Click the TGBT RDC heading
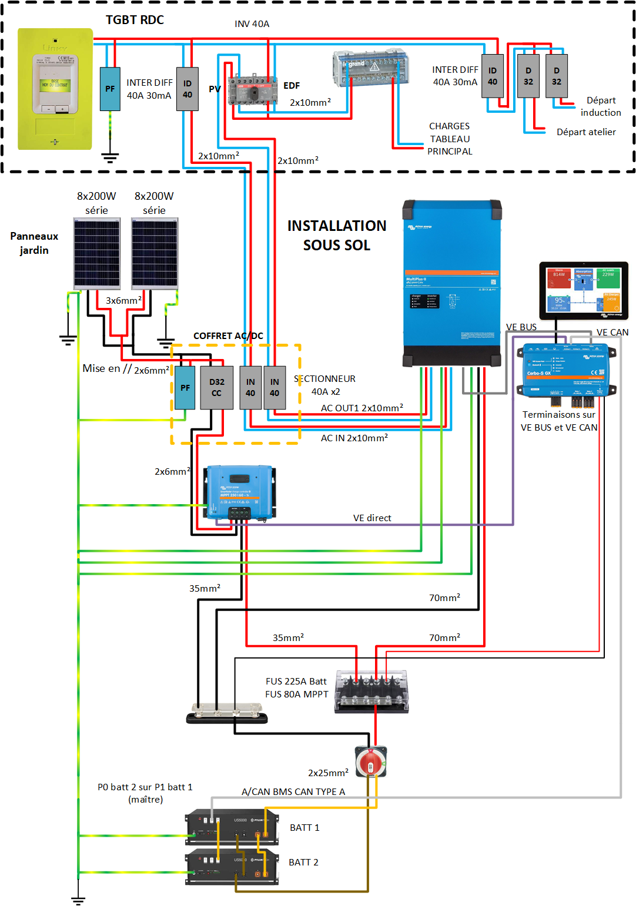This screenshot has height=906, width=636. coord(135,20)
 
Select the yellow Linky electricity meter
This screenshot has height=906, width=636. coord(55,89)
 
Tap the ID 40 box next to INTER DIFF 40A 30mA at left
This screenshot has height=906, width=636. coord(188,89)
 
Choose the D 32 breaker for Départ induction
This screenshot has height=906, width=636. coord(556,76)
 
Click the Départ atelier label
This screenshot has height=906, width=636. coord(586,132)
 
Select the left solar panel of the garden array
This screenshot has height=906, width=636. coord(96,253)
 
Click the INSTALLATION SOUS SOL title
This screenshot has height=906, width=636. coord(337,235)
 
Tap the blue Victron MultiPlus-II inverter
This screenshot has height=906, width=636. coord(451,282)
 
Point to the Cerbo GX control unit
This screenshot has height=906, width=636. coord(566,370)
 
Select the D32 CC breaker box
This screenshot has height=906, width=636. coord(216,387)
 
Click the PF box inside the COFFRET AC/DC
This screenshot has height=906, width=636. coord(185,387)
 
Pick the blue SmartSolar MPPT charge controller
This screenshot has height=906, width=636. coord(239,492)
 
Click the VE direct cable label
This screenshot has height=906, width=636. coord(372,518)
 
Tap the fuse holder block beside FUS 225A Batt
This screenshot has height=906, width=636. coord(371,692)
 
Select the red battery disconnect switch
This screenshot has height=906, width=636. coord(371,761)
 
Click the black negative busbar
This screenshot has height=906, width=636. coord(227,716)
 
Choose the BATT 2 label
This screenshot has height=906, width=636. coord(303,862)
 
